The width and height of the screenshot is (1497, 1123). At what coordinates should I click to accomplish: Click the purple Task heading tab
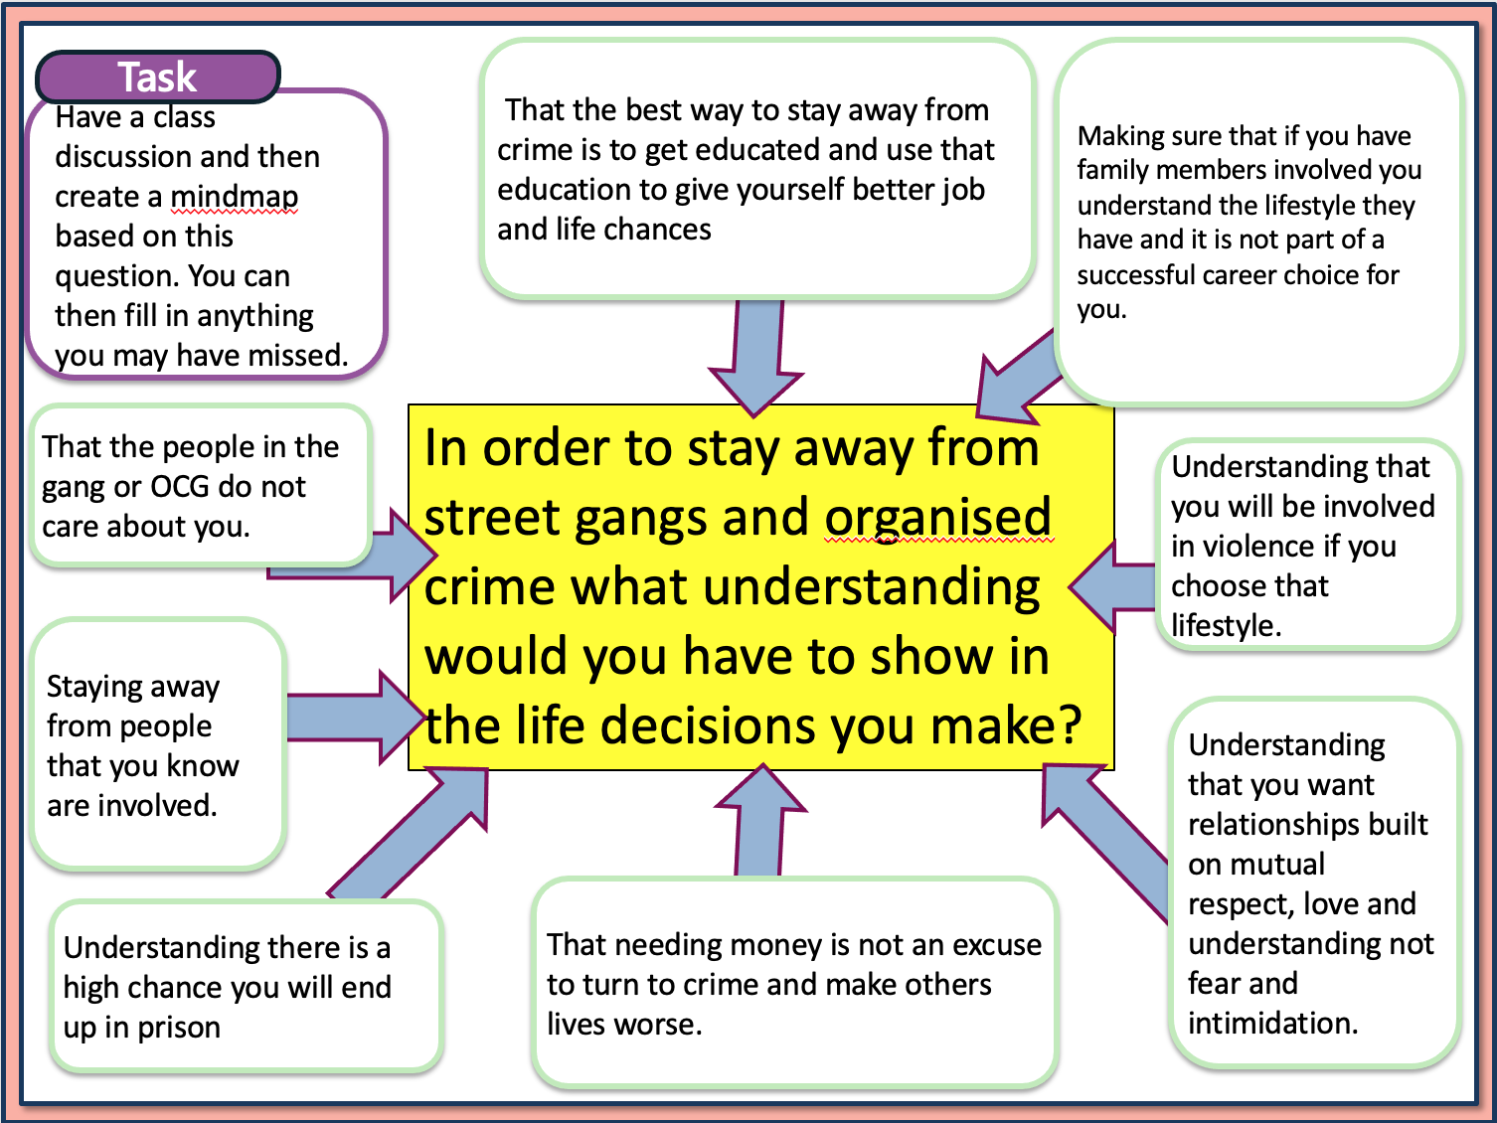point(158,77)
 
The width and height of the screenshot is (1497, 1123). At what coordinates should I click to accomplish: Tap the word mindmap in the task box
point(234,197)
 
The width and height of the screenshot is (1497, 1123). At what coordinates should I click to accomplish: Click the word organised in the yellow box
point(937,518)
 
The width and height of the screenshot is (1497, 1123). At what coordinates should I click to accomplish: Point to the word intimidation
point(1271,1023)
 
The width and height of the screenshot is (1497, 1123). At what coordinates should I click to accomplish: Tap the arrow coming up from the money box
point(760,820)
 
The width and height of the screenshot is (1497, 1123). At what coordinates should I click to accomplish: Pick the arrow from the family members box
point(1018,383)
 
